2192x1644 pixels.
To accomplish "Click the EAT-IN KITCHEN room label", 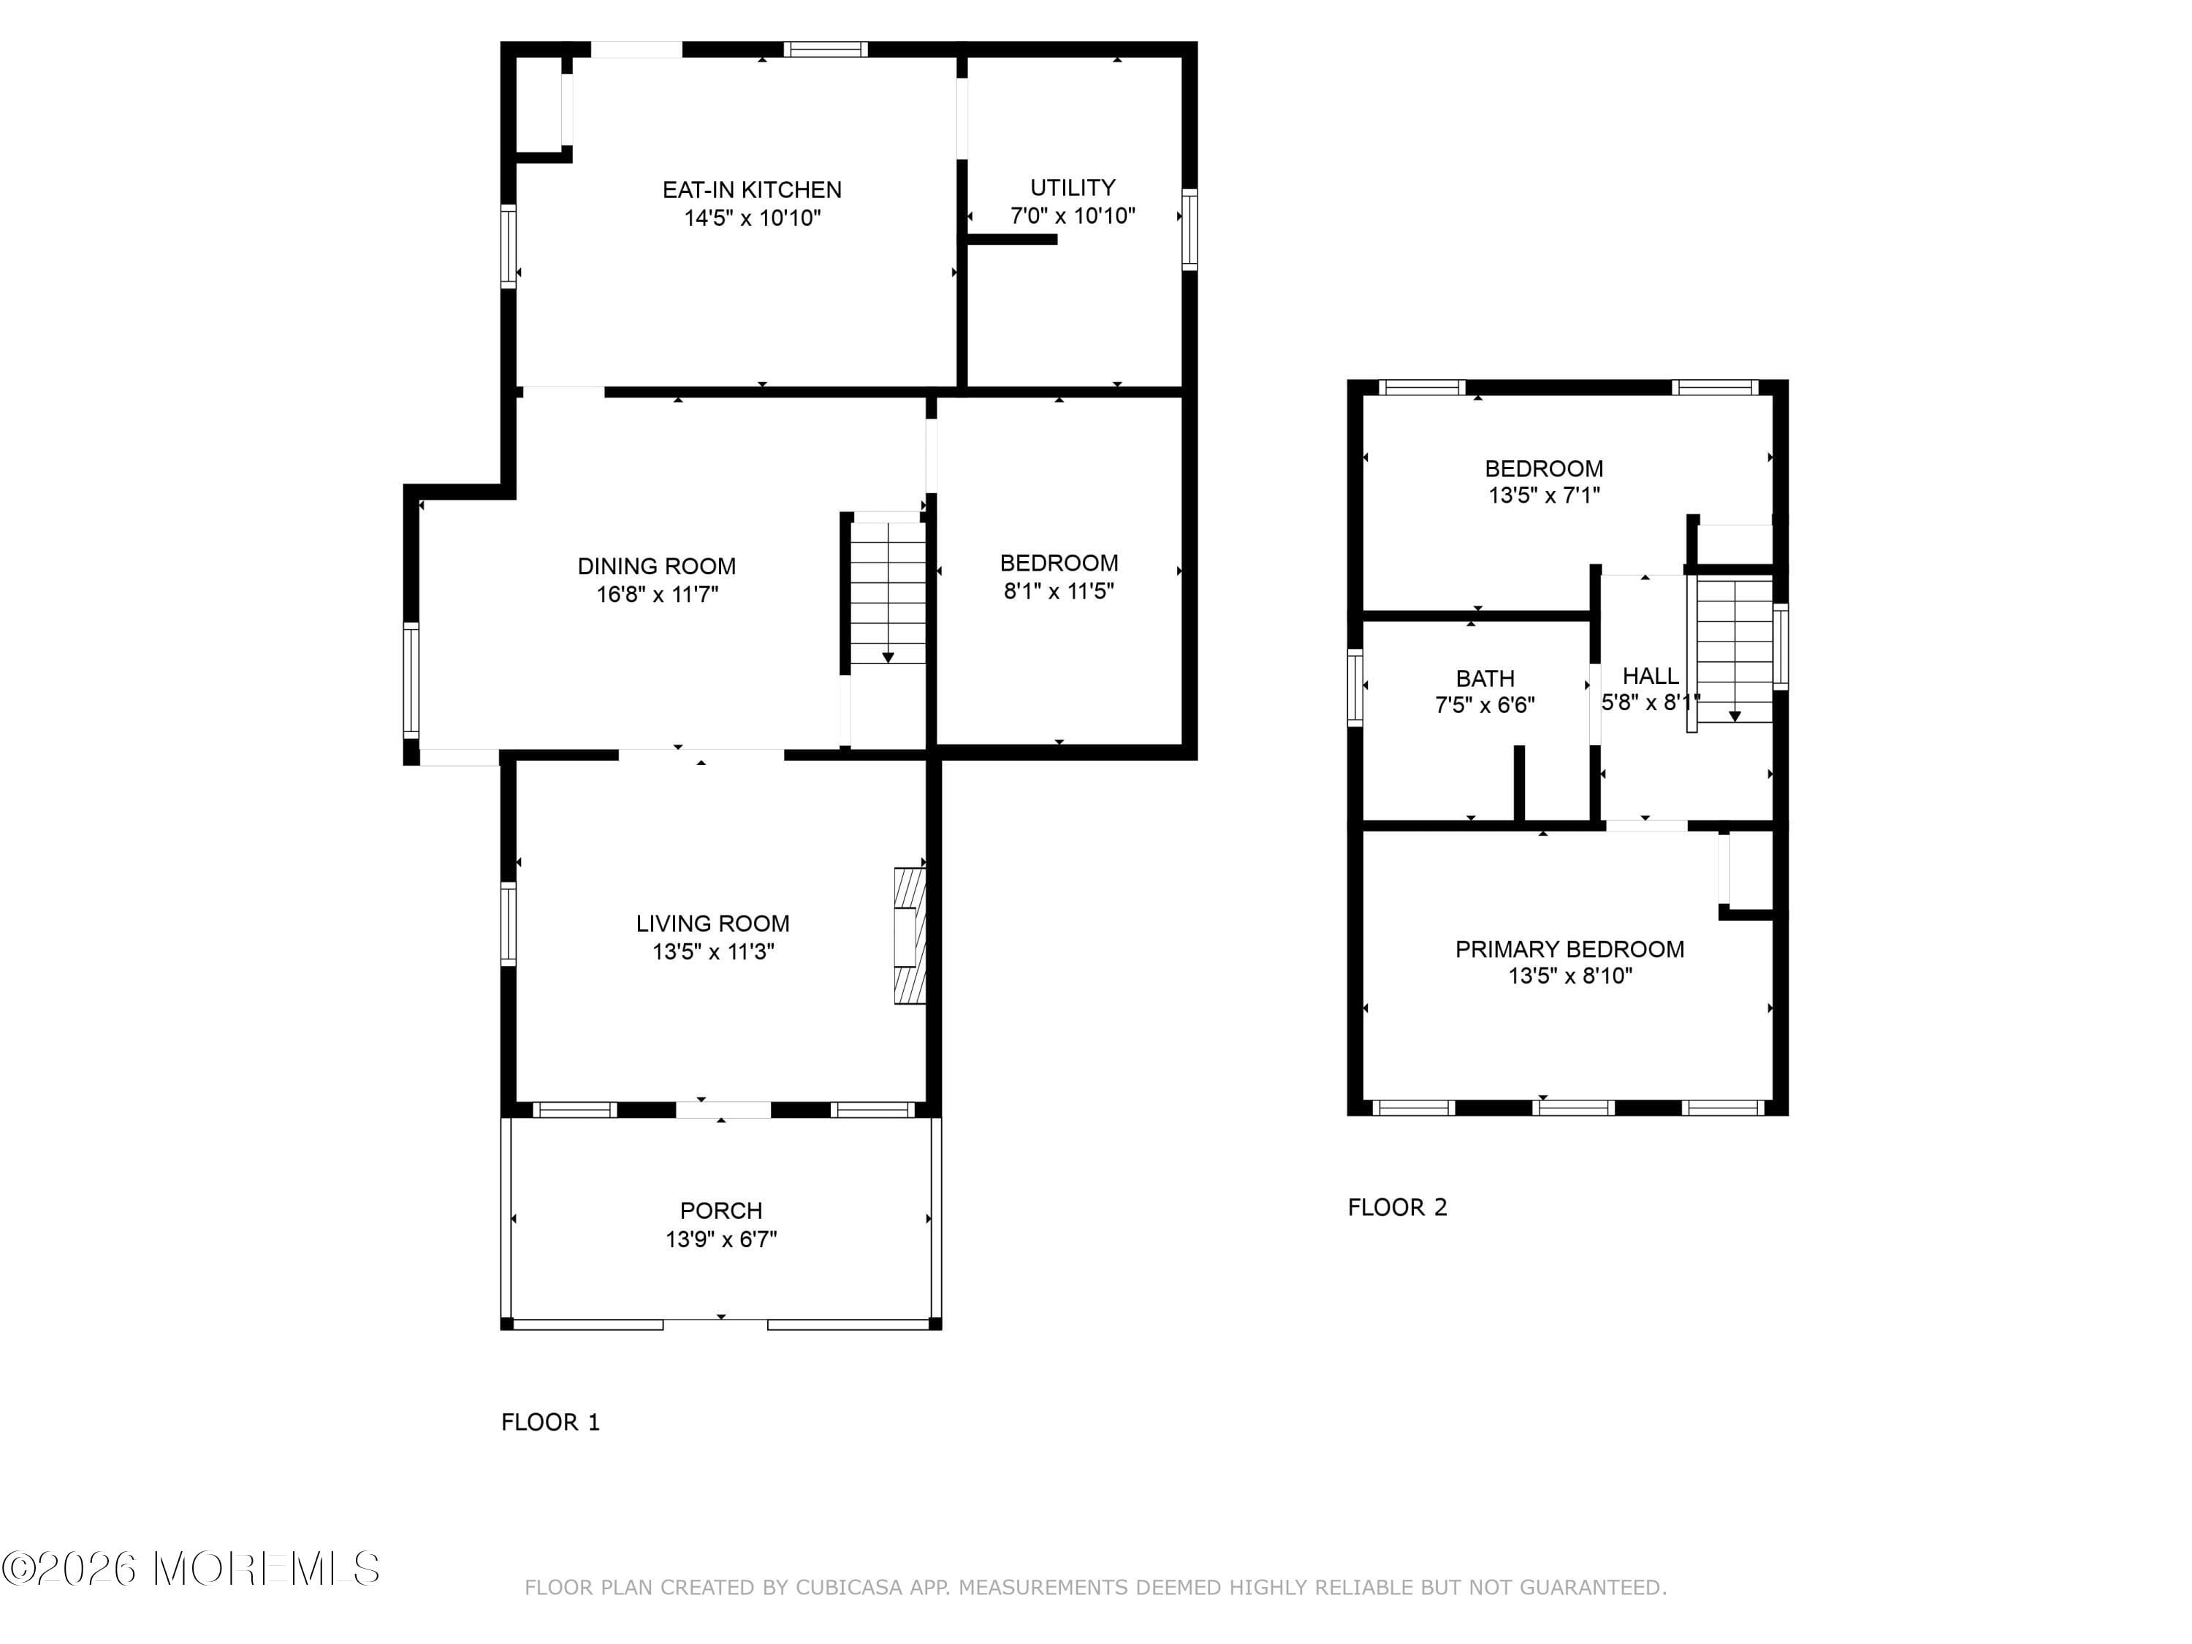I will pos(751,189).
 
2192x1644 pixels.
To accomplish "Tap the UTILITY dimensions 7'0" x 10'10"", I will pos(1072,216).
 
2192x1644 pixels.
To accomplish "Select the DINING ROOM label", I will pos(656,566).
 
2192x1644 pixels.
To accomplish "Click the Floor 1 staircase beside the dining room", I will pos(888,593).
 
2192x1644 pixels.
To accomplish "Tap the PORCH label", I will pos(720,1210).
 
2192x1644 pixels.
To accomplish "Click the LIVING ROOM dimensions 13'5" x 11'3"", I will pos(712,951).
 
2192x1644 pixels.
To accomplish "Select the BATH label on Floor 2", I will pos(1485,679).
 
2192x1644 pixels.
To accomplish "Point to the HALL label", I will pos(1650,676).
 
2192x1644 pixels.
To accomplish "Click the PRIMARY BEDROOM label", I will pos(1569,949).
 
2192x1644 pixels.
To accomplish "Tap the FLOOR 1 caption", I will pos(550,1422).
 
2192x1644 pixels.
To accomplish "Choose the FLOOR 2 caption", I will pos(1397,1207).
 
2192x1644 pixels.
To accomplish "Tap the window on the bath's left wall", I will pos(1355,687).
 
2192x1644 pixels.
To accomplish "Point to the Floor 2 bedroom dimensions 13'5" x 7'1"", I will pos(1544,495).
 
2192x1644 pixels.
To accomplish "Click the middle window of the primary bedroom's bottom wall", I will pos(1572,1107).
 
